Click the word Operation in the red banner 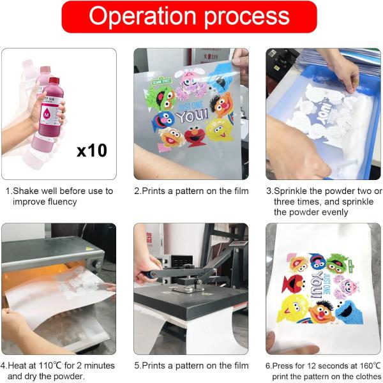pyautogui.click(x=142, y=16)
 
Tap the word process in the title pyautogui.click(x=246, y=18)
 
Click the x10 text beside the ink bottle pyautogui.click(x=92, y=150)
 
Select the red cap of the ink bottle pyautogui.click(x=54, y=80)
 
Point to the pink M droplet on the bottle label pyautogui.click(x=47, y=114)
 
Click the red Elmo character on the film pyautogui.click(x=195, y=136)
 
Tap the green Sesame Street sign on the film pyautogui.click(x=161, y=80)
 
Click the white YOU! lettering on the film pyautogui.click(x=192, y=116)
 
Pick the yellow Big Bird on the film pyautogui.click(x=219, y=130)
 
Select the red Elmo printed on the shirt pyautogui.click(x=293, y=283)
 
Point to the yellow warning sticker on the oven pyautogui.click(x=89, y=248)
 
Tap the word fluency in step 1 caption pyautogui.click(x=62, y=202)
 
